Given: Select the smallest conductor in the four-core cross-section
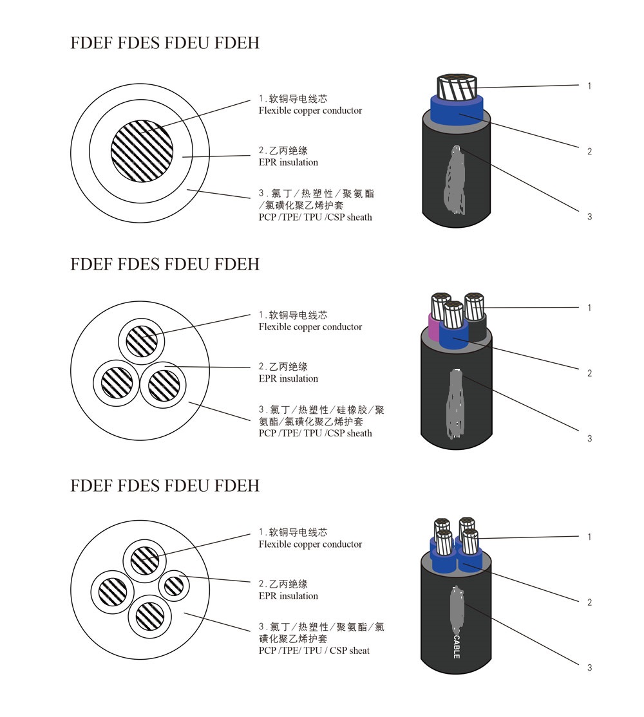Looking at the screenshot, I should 174,586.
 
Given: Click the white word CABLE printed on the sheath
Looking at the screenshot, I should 457,644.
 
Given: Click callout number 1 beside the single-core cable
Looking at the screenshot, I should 589,86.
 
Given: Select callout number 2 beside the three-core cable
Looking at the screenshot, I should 589,373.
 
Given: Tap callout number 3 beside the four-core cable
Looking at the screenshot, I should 589,668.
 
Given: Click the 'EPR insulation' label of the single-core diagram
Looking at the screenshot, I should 288,162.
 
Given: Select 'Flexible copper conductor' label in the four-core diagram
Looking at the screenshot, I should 310,545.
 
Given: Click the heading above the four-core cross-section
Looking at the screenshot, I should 165,485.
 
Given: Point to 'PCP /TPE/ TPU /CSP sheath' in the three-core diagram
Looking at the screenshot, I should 315,433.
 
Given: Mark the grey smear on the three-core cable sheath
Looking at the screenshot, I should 456,404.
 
